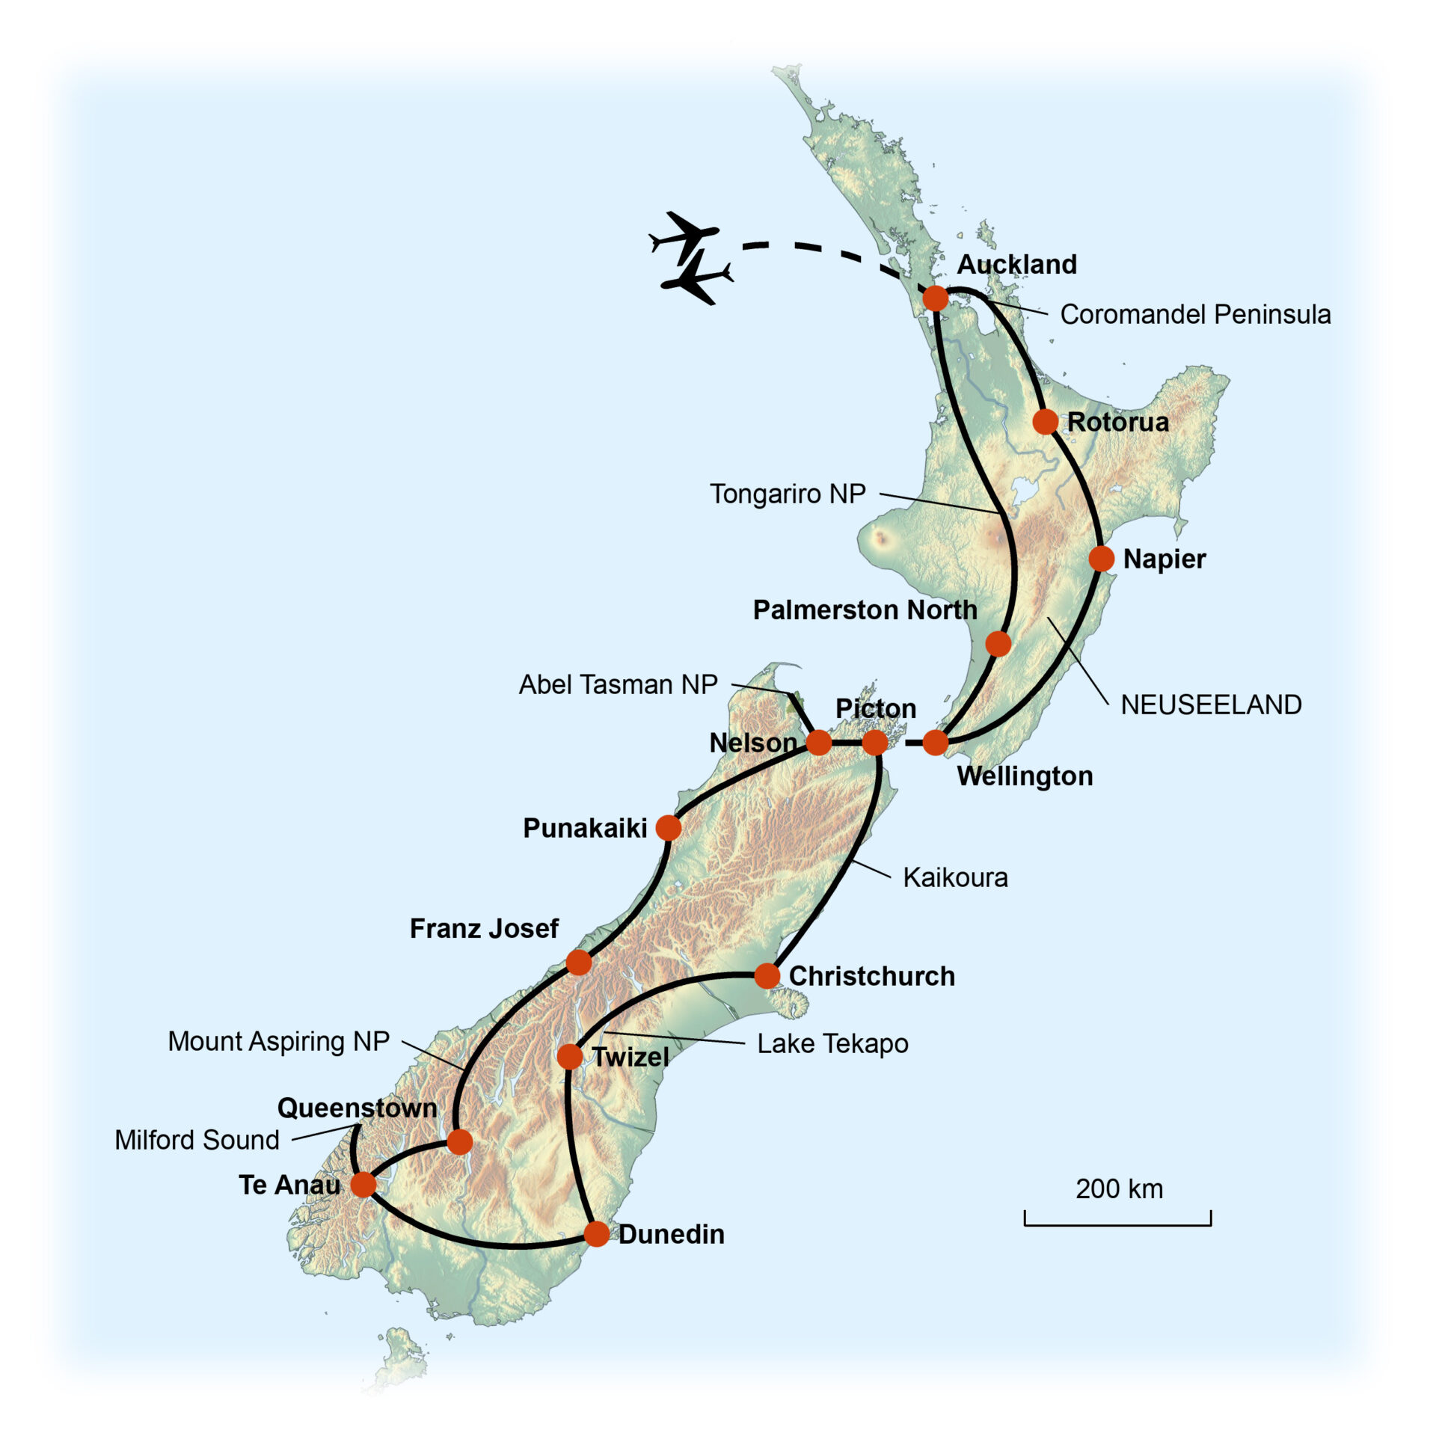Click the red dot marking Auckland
pyautogui.click(x=935, y=298)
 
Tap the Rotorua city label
pyautogui.click(x=1117, y=422)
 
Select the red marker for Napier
pyautogui.click(x=1101, y=558)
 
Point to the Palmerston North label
pyautogui.click(x=865, y=610)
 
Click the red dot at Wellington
pyautogui.click(x=935, y=743)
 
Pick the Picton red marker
pyautogui.click(x=874, y=743)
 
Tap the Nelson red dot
pyautogui.click(x=818, y=743)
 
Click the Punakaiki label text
pyautogui.click(x=585, y=828)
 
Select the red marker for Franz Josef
pyautogui.click(x=578, y=963)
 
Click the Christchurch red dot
pyautogui.click(x=767, y=975)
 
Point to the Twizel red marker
pyautogui.click(x=570, y=1057)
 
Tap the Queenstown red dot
pyautogui.click(x=459, y=1141)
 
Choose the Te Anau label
pyautogui.click(x=289, y=1185)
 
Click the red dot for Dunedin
pyautogui.click(x=596, y=1233)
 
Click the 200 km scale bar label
pyautogui.click(x=1119, y=1188)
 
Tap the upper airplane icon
pyautogui.click(x=684, y=234)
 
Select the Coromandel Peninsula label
pyautogui.click(x=1195, y=314)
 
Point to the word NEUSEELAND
pyautogui.click(x=1211, y=705)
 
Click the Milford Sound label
pyautogui.click(x=197, y=1140)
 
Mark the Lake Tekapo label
pyautogui.click(x=832, y=1043)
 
